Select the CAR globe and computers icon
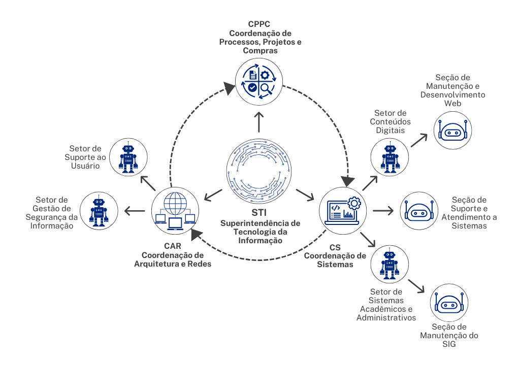pos(175,209)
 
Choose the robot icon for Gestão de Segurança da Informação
pos(99,210)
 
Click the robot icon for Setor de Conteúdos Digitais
pos(389,157)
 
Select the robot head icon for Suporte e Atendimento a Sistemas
pos(418,212)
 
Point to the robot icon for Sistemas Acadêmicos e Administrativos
pos(389,264)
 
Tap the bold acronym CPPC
pos(259,24)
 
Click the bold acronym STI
pos(259,212)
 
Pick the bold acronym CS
pos(335,247)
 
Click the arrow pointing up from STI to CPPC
pos(259,122)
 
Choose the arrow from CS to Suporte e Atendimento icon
pos(383,210)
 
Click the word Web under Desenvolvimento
pos(452,103)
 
